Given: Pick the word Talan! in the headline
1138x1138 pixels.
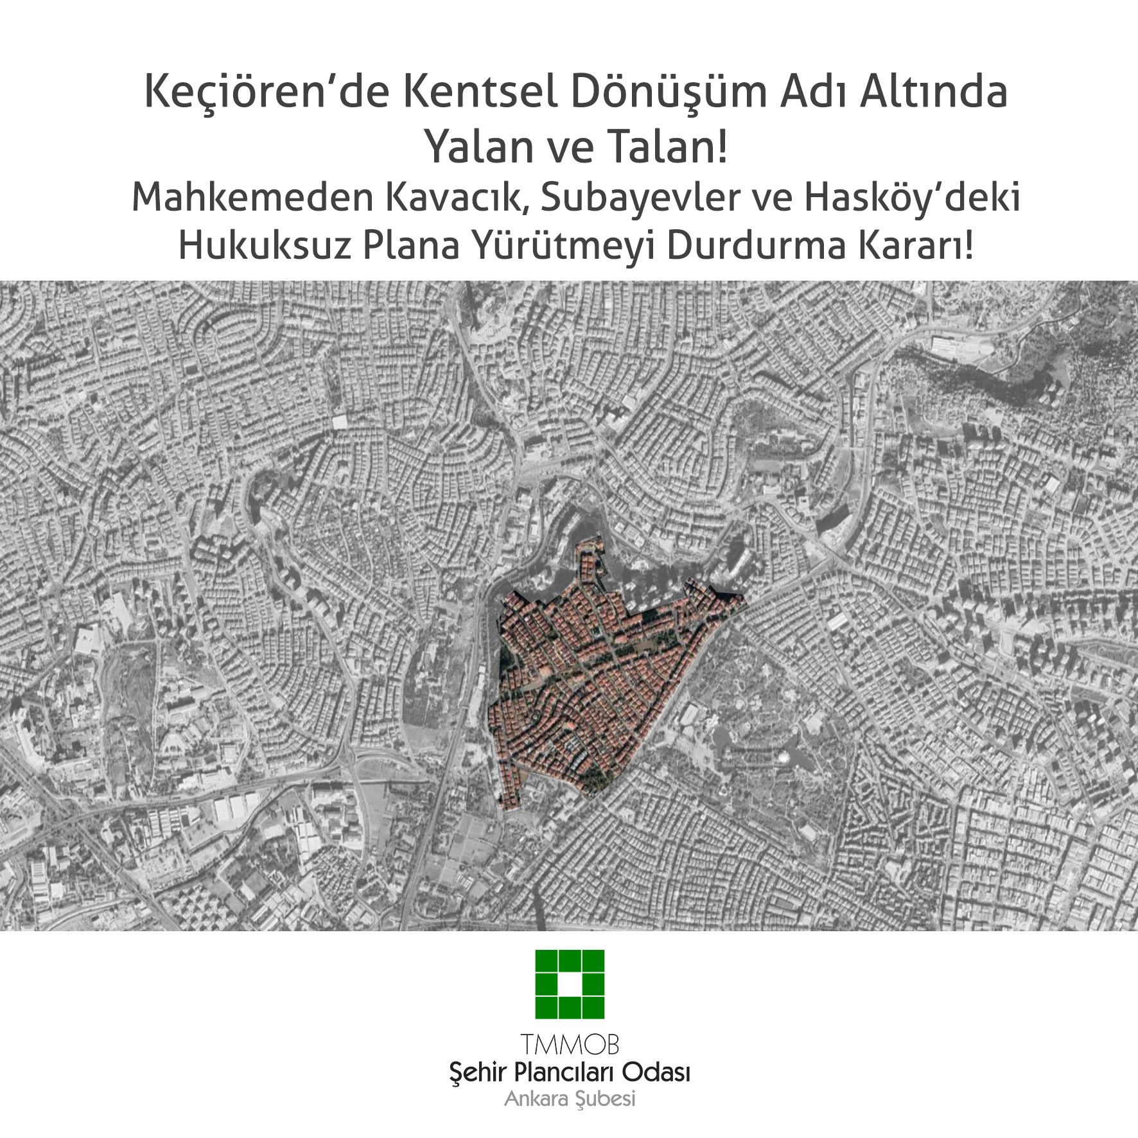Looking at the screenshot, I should [668, 147].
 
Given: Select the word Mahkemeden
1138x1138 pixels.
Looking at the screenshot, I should [252, 197].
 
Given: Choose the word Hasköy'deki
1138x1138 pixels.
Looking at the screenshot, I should [912, 197].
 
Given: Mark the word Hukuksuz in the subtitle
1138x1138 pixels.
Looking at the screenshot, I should [265, 245].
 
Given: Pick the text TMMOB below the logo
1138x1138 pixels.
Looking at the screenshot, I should [570, 1045].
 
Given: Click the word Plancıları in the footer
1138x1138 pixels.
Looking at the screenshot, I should [569, 1072].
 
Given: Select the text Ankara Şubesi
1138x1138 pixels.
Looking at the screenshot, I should [570, 1099].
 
